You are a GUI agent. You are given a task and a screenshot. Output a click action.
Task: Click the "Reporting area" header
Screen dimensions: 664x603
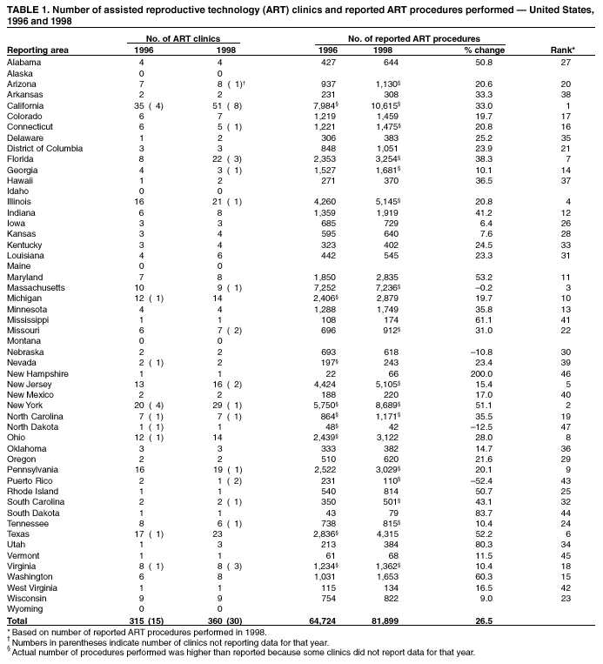pyautogui.click(x=37, y=50)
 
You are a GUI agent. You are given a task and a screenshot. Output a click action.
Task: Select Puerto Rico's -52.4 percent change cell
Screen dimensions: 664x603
pyautogui.click(x=481, y=481)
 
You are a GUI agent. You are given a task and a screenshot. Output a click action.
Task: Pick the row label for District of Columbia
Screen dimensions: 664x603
pyautogui.click(x=44, y=148)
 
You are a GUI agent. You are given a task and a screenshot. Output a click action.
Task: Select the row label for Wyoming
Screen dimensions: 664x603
pyautogui.click(x=24, y=609)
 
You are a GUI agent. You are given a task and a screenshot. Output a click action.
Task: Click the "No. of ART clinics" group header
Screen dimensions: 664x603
pyautogui.click(x=183, y=39)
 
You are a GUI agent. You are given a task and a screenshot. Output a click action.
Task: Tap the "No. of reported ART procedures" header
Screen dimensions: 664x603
pyautogui.click(x=414, y=39)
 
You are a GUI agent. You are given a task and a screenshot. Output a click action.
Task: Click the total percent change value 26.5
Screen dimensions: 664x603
pyautogui.click(x=481, y=620)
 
